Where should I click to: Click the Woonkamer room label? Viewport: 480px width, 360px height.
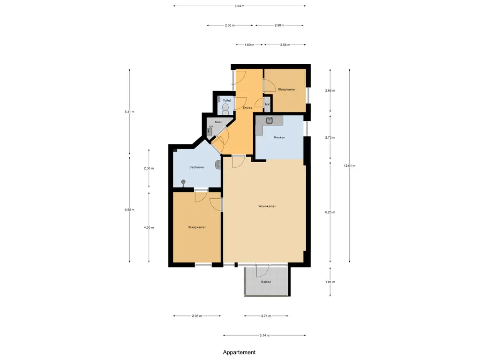(x=267, y=206)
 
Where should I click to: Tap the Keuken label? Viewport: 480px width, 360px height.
(x=279, y=137)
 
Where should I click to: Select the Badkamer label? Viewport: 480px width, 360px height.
(x=197, y=167)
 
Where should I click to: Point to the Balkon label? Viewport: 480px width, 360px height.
(x=266, y=282)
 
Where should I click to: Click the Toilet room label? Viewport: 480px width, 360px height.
(x=227, y=101)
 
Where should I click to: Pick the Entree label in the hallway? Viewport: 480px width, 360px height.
(x=247, y=108)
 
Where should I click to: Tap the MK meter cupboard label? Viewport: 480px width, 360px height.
(x=267, y=105)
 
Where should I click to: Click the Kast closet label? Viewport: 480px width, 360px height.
(x=218, y=122)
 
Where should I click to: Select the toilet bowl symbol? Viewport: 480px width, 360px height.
(x=225, y=109)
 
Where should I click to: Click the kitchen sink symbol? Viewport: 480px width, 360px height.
(x=270, y=120)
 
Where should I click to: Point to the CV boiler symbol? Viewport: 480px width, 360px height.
(x=210, y=132)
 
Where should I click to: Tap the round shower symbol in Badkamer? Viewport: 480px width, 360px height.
(x=183, y=182)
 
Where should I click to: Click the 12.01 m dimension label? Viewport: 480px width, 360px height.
(x=350, y=166)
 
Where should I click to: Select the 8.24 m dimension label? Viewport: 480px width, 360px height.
(x=240, y=6)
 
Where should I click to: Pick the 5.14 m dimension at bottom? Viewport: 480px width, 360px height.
(x=264, y=336)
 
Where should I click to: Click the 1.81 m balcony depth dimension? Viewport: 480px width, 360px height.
(x=330, y=282)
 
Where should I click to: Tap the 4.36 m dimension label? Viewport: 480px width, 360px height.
(x=149, y=227)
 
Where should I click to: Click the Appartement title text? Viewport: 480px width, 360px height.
(x=239, y=352)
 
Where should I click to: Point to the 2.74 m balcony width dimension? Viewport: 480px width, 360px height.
(x=266, y=316)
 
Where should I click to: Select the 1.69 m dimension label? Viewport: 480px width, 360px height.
(x=249, y=45)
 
